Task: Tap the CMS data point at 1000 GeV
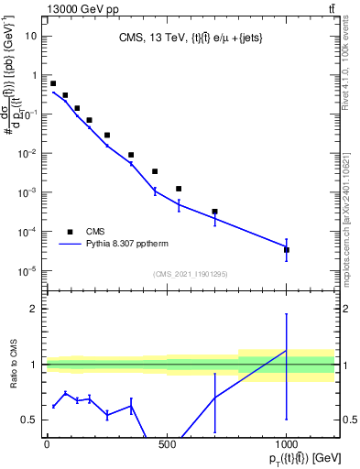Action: (287, 249)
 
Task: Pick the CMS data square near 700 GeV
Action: (214, 212)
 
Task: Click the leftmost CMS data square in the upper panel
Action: (53, 83)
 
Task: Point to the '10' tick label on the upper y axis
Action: (30, 36)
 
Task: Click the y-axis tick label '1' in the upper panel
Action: (34, 75)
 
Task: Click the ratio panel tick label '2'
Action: (34, 309)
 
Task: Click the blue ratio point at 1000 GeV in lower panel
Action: (287, 351)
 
